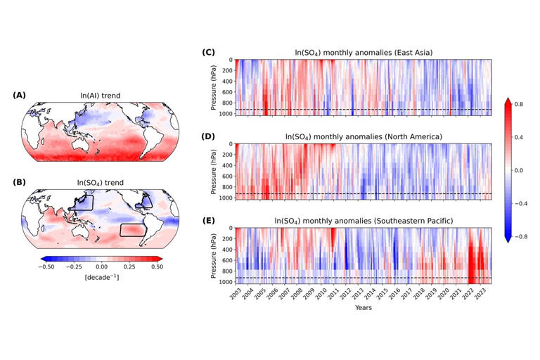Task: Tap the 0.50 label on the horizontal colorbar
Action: [x=155, y=267]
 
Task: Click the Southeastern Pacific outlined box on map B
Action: [x=133, y=230]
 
